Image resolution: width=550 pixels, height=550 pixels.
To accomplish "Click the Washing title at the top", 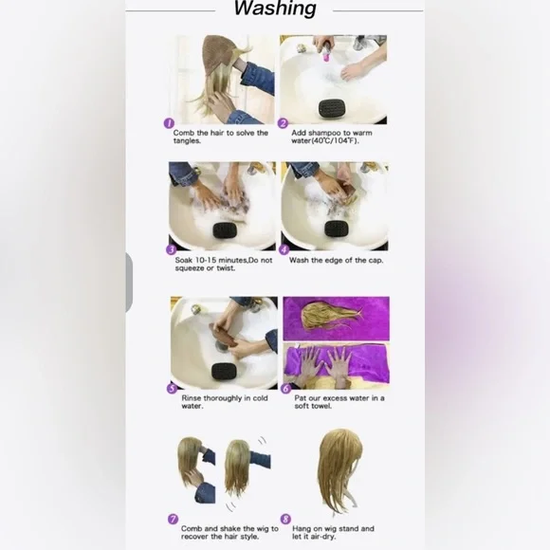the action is coord(275,9).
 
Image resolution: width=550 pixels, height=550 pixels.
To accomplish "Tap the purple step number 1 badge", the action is coord(169,123).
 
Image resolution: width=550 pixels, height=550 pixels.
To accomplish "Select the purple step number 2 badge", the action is coord(283,123).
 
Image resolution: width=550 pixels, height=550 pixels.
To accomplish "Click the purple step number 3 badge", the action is coord(172,249).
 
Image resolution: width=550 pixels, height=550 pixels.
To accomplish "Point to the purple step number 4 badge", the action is coord(284,249).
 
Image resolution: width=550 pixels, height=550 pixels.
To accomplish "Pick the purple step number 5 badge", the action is coord(172,388).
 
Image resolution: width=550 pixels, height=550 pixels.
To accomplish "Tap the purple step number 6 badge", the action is coord(286,388).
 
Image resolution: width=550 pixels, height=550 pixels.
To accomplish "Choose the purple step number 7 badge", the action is coord(173,519).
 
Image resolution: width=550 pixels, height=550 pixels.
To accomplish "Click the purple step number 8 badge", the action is coord(285,519).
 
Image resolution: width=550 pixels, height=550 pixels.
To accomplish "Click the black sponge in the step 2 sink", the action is coord(332,108).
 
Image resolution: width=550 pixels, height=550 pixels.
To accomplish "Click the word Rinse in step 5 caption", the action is coord(192,398).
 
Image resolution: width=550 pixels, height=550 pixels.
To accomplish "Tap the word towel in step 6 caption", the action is coord(322,406).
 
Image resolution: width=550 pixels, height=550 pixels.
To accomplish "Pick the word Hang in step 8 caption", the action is coord(302,529).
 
